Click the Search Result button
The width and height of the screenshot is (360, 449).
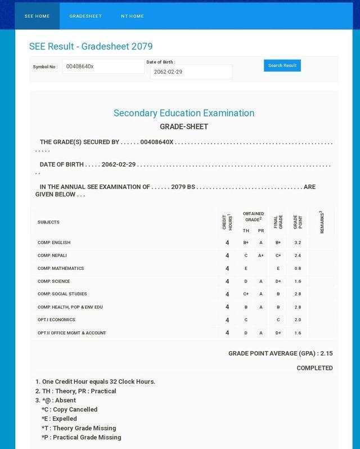[282, 65]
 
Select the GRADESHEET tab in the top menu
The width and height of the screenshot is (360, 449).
[85, 16]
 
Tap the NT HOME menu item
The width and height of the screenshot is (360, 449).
[132, 16]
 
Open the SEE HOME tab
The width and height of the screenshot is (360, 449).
[37, 16]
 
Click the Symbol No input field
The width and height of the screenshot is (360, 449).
[103, 66]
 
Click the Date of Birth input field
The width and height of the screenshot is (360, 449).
[191, 72]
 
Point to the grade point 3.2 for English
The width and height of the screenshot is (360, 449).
[298, 243]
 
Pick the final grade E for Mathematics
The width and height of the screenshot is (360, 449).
[278, 268]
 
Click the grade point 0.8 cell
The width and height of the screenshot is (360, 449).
[298, 268]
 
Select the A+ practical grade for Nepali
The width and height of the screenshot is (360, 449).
[261, 255]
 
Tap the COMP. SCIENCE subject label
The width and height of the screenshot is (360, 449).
[54, 281]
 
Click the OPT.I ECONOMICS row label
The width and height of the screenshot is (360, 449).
[56, 320]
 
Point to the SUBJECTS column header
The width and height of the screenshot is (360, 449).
[48, 222]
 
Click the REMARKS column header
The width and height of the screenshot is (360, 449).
[321, 222]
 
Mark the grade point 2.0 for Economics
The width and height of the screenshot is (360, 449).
[298, 320]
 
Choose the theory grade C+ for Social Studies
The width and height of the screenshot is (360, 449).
[246, 294]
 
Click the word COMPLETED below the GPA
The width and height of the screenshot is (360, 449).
[314, 368]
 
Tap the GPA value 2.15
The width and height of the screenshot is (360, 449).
[326, 353]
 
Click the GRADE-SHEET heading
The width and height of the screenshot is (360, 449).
[184, 127]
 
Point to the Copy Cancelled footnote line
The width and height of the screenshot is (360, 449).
[69, 410]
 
